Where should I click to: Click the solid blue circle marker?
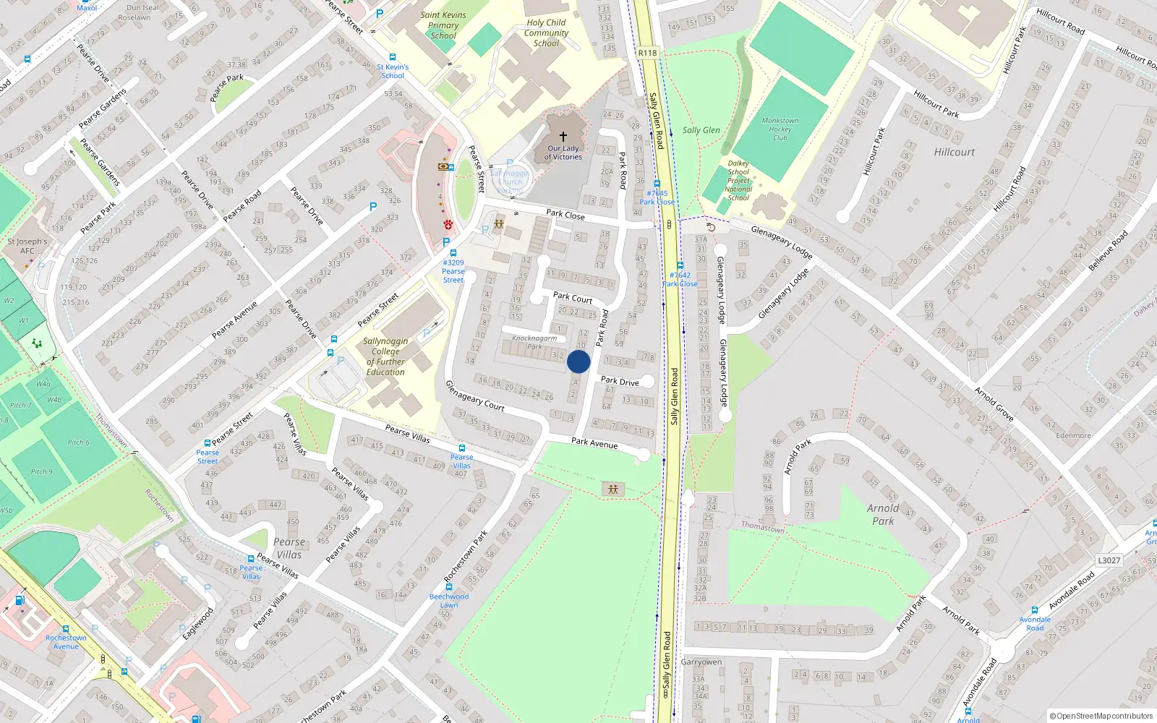(x=578, y=361)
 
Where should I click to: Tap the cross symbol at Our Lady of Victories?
(x=563, y=136)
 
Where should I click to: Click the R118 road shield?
(x=648, y=53)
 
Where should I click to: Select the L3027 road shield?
(x=1109, y=560)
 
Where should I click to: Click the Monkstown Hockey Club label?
(x=780, y=129)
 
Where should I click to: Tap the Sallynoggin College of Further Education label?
(x=385, y=356)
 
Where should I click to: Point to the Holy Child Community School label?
(x=546, y=33)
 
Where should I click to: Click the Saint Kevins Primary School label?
(x=443, y=25)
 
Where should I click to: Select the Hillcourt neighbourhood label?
(x=954, y=152)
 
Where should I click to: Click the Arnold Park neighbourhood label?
(x=883, y=514)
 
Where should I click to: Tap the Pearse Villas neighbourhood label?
(x=289, y=548)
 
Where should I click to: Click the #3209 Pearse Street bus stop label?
(x=453, y=271)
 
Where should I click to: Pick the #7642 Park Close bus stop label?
(x=680, y=279)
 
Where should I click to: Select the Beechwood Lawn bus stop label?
(x=449, y=600)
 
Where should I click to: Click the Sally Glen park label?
(x=701, y=130)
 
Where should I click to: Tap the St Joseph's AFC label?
(x=27, y=246)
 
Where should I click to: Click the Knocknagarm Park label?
(x=534, y=342)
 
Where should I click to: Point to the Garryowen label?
(x=701, y=662)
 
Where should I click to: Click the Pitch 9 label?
(x=41, y=471)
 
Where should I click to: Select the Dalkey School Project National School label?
(x=738, y=181)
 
